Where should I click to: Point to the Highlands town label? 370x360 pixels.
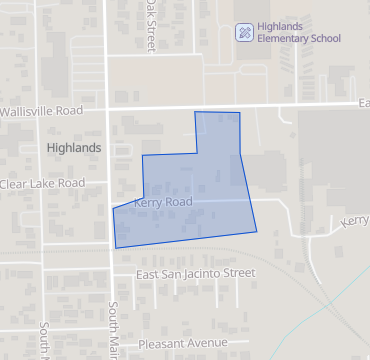(x=74, y=147)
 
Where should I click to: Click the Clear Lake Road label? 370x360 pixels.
(x=42, y=183)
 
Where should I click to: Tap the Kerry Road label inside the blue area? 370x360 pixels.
(x=162, y=202)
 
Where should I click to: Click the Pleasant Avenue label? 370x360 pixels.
(x=184, y=343)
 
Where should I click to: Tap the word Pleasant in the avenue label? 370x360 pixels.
(x=161, y=343)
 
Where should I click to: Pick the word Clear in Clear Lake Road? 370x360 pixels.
(x=15, y=183)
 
